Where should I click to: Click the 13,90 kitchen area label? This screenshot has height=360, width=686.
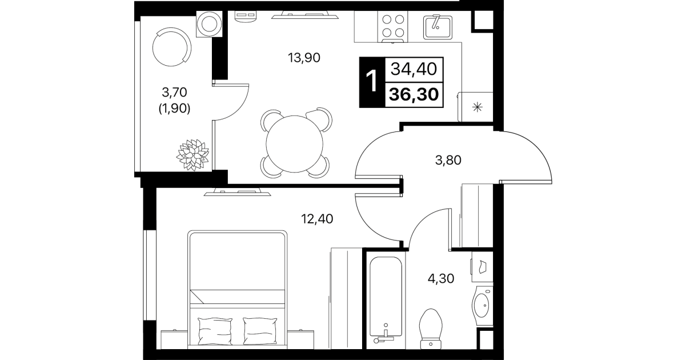304,58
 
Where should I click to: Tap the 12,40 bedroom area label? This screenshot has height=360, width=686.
317,219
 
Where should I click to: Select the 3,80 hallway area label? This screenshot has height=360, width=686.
448,160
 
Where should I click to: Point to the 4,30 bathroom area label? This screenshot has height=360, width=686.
441,278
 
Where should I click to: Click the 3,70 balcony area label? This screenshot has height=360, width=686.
174,92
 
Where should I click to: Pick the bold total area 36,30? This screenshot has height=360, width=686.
414,94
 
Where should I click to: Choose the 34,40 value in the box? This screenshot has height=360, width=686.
414,69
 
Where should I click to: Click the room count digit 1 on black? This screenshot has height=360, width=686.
372,81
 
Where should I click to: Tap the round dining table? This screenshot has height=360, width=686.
294,144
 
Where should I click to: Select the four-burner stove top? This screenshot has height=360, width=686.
393,27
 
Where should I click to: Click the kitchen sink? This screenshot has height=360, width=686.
438,27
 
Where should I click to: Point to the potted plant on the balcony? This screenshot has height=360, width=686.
193,155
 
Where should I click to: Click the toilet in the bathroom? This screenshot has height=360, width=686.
431,329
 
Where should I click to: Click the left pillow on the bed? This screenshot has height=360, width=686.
215,331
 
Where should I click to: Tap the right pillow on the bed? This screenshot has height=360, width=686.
260,331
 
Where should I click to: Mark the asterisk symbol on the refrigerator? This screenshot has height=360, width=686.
477,107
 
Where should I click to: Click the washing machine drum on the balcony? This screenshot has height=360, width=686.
209,24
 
